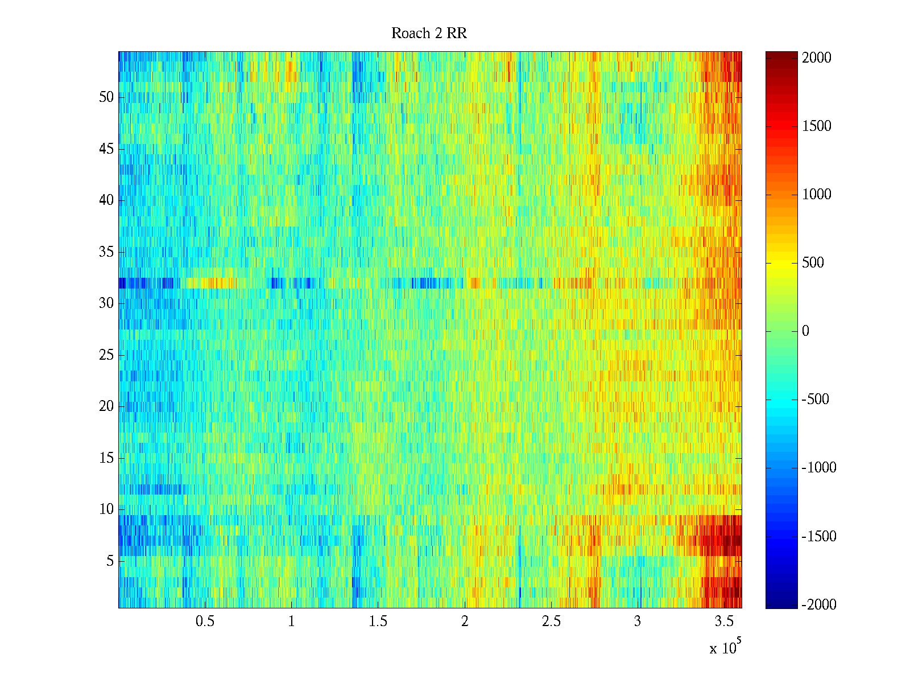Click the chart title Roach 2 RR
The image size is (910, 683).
[429, 34]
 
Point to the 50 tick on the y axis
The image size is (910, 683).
[106, 97]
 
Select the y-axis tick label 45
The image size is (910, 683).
[106, 149]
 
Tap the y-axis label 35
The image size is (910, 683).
[106, 252]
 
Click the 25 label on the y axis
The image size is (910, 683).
[106, 355]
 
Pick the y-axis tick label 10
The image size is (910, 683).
[106, 509]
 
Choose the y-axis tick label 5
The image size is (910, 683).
[110, 561]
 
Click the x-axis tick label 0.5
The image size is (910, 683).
[205, 622]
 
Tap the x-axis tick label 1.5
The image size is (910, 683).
[378, 622]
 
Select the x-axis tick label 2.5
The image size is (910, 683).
[551, 622]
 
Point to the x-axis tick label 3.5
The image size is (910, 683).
[724, 622]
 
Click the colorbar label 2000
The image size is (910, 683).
[816, 58]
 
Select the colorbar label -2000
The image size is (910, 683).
[818, 605]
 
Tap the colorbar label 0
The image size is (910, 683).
[805, 331]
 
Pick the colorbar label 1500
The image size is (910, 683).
[816, 126]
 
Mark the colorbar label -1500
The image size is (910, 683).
[818, 537]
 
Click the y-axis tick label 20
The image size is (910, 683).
[106, 406]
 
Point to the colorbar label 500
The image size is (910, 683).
[813, 263]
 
